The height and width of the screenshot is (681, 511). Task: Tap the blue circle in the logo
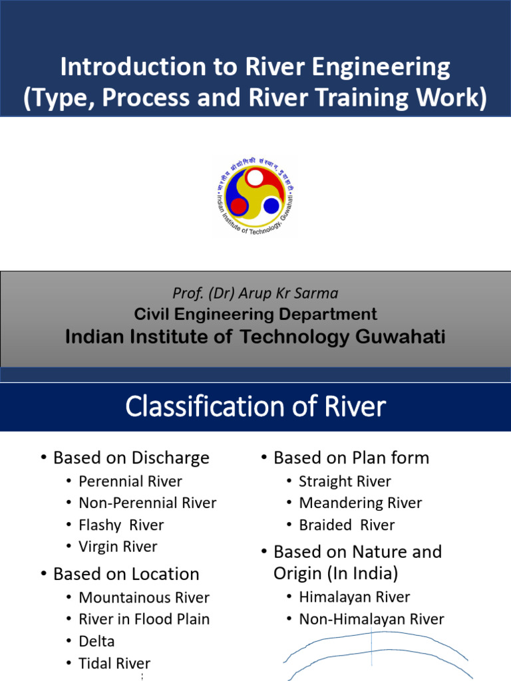pyautogui.click(x=271, y=205)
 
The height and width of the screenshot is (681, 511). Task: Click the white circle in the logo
pyautogui.click(x=255, y=178)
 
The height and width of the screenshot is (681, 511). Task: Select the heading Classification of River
pyautogui.click(x=255, y=406)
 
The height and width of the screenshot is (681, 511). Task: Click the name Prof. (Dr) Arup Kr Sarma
pyautogui.click(x=255, y=294)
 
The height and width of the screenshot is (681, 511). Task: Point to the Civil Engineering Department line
pyautogui.click(x=255, y=315)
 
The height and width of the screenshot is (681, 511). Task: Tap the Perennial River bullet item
pyautogui.click(x=130, y=481)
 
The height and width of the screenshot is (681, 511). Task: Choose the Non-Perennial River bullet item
pyautogui.click(x=147, y=503)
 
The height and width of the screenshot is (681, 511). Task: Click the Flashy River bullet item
pyautogui.click(x=120, y=525)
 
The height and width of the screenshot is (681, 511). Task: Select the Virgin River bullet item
pyautogui.click(x=118, y=547)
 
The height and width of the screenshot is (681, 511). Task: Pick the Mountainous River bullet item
pyautogui.click(x=144, y=597)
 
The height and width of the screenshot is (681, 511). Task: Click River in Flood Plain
pyautogui.click(x=144, y=619)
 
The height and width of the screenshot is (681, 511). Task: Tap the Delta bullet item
pyautogui.click(x=96, y=641)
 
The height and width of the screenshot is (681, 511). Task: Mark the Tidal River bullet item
pyautogui.click(x=114, y=663)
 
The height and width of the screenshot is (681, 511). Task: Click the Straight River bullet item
pyautogui.click(x=345, y=481)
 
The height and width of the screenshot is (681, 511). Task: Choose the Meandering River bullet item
pyautogui.click(x=360, y=503)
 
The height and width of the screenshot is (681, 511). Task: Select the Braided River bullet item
pyautogui.click(x=347, y=525)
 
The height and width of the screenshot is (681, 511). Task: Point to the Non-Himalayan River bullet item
pyautogui.click(x=371, y=619)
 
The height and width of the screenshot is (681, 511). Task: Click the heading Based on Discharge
pyautogui.click(x=131, y=458)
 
